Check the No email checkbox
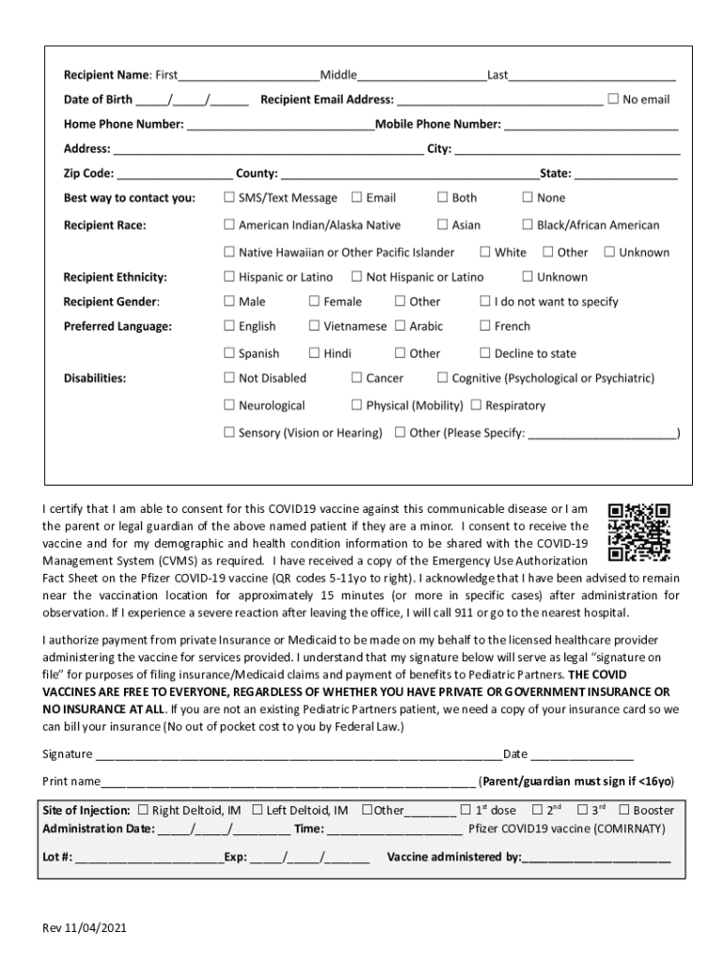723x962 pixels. pyautogui.click(x=613, y=99)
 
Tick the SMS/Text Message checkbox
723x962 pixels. pyautogui.click(x=229, y=197)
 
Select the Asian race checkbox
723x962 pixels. pyautogui.click(x=442, y=225)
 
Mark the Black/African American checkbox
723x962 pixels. pyautogui.click(x=527, y=225)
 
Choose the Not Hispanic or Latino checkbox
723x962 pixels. pyautogui.click(x=357, y=276)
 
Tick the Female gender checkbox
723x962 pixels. pyautogui.click(x=315, y=302)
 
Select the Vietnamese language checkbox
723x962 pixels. pyautogui.click(x=315, y=326)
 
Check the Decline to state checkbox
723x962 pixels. pyautogui.click(x=485, y=353)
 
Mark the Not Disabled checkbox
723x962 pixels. pyautogui.click(x=229, y=378)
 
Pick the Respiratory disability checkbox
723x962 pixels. pyautogui.click(x=477, y=405)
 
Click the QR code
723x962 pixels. pyautogui.click(x=638, y=532)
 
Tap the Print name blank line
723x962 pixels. pyautogui.click(x=287, y=782)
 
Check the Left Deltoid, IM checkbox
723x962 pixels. pyautogui.click(x=257, y=810)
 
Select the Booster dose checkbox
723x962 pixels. pyautogui.click(x=623, y=810)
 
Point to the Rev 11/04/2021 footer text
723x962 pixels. pyautogui.click(x=84, y=928)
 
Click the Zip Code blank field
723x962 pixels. pyautogui.click(x=175, y=174)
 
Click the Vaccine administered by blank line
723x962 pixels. pyautogui.click(x=596, y=858)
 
